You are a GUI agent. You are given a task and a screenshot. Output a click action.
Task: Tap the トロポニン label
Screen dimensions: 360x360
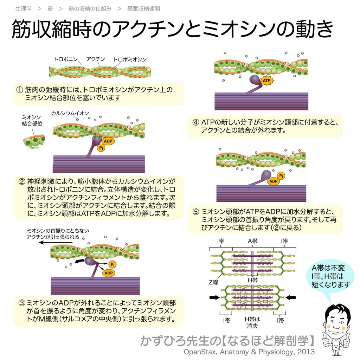tap(66, 59)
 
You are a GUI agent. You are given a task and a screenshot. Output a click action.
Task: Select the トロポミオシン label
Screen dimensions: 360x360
tap(130, 59)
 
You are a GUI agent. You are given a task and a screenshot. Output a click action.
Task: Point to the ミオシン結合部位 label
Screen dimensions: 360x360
tap(32, 121)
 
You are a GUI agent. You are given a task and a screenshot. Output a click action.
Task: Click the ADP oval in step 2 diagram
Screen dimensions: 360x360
tap(108, 141)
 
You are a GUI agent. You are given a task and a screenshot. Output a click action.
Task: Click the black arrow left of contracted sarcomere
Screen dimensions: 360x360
tap(214, 297)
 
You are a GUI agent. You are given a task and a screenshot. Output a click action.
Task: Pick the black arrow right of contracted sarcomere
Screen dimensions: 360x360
tap(291, 297)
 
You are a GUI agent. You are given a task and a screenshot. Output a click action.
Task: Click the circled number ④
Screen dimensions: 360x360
tap(196, 123)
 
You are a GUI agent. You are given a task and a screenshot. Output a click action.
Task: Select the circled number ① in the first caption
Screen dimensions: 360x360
tap(20, 90)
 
